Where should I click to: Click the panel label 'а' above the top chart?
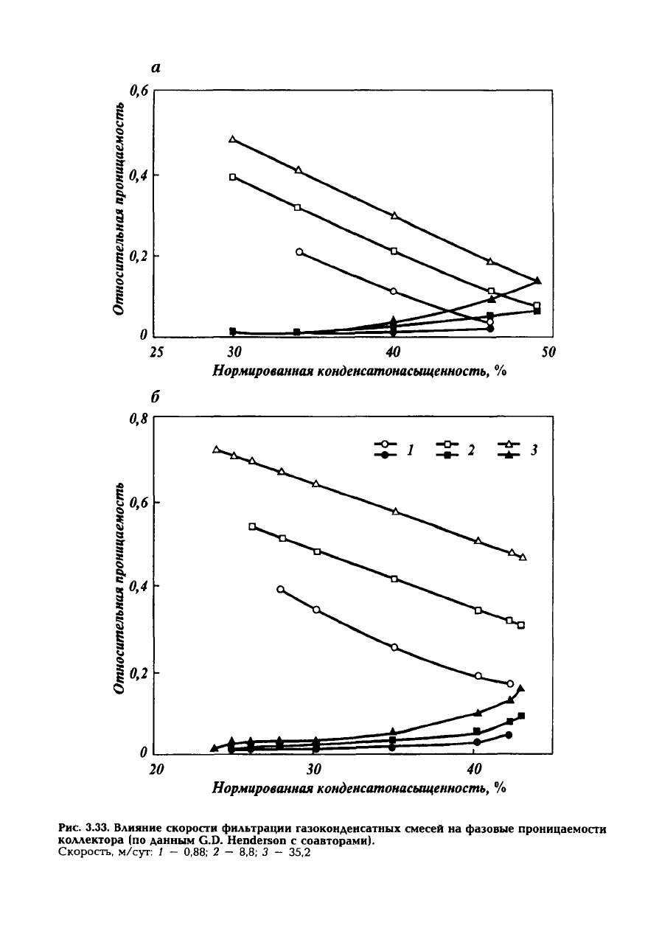pos(156,68)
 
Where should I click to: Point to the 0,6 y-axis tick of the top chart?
pos(139,91)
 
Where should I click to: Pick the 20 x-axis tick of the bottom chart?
pos(156,770)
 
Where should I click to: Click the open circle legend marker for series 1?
pos(383,444)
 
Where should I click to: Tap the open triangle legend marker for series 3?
pos(509,444)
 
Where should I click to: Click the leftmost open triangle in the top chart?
pos(233,139)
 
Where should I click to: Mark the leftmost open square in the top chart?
pos(233,177)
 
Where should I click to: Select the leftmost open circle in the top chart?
pos(299,252)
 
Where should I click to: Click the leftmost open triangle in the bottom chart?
pos(216,449)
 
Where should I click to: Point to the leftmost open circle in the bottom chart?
pos(280,589)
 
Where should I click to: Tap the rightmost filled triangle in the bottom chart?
pos(520,688)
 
